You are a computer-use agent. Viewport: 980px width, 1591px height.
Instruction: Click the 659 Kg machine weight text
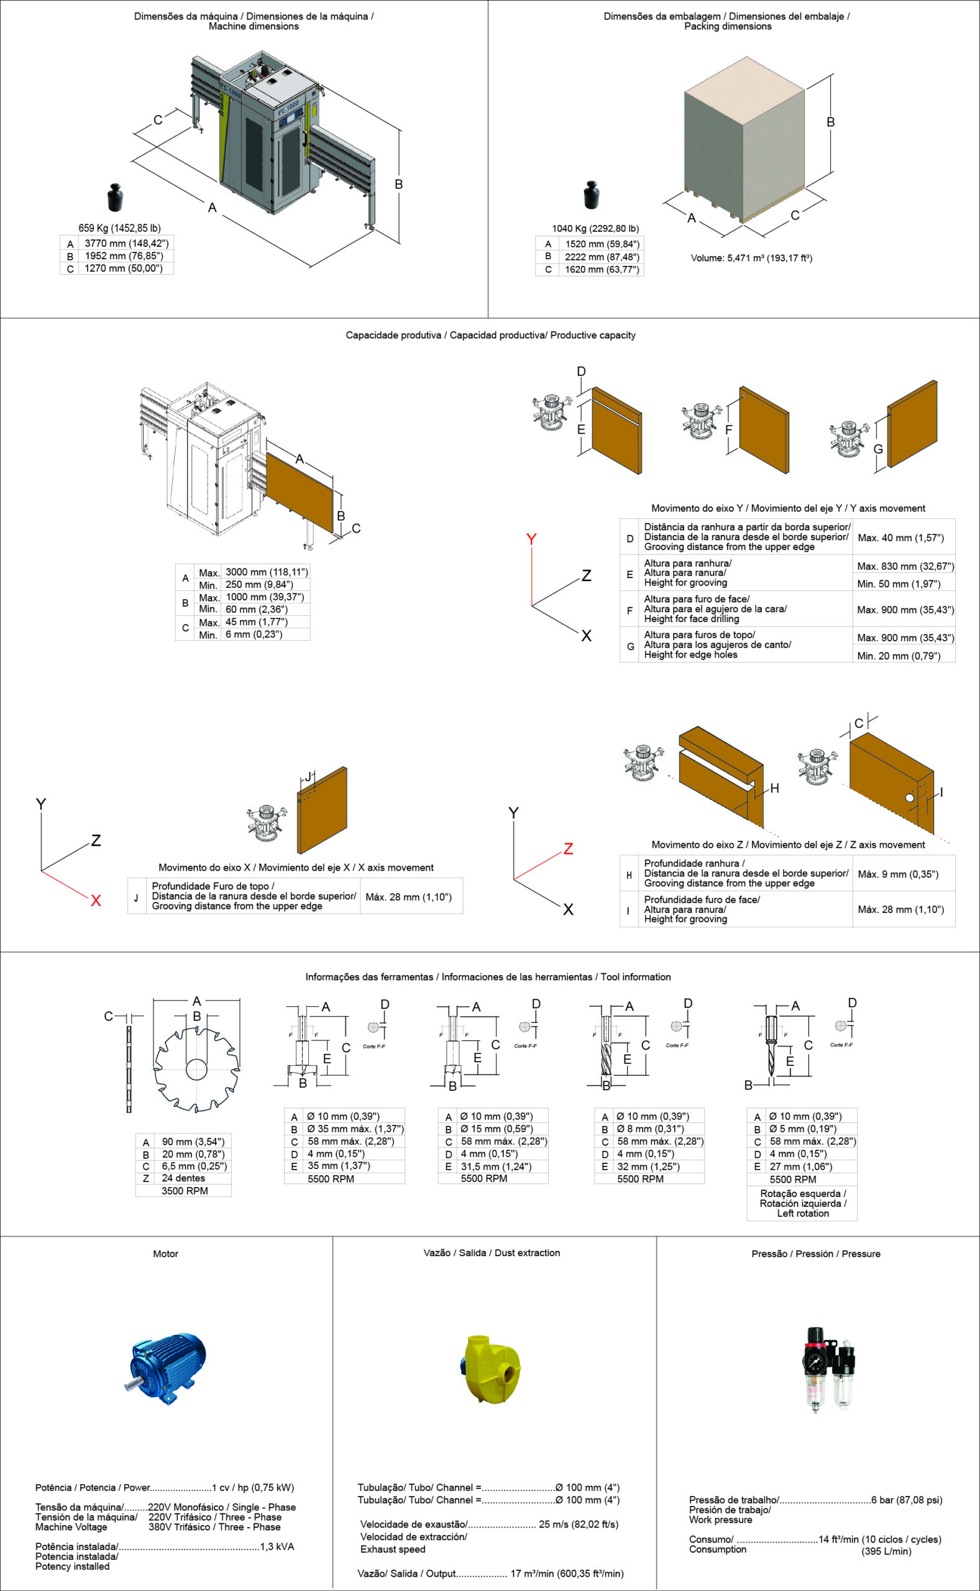119,228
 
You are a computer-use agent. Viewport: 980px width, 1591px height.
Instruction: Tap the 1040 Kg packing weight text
595,229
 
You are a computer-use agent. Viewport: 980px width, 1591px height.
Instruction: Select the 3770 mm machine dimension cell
126,244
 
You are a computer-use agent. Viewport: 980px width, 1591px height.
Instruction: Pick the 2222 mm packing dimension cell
602,257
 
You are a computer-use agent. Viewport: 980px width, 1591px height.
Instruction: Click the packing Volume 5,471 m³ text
751,258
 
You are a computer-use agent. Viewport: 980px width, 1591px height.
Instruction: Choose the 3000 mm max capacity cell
267,572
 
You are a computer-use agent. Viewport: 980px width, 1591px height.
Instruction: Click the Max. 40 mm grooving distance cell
900,538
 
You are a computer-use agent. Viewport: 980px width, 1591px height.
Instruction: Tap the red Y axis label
531,539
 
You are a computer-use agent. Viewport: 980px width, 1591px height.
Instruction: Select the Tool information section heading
488,976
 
